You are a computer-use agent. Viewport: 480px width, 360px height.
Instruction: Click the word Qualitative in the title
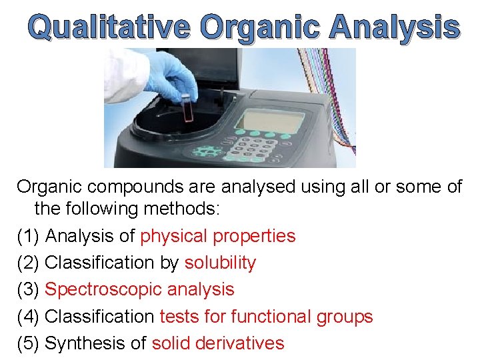pos(110,27)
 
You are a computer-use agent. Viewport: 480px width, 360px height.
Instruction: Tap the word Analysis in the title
pos(395,27)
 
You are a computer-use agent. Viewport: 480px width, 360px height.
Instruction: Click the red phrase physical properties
pos(218,236)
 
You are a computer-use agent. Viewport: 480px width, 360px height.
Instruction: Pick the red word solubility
pos(220,263)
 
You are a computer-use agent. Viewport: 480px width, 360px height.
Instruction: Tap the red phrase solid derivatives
pos(218,343)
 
